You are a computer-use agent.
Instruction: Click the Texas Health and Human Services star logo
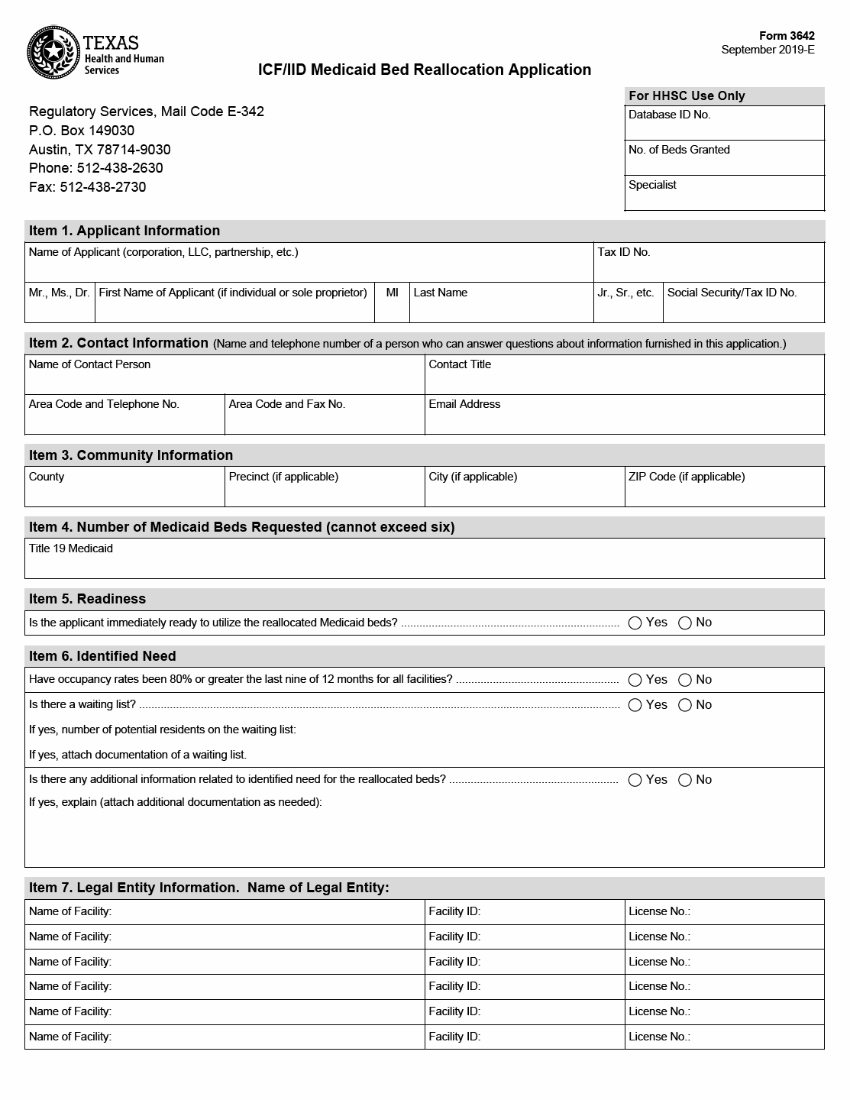click(x=53, y=53)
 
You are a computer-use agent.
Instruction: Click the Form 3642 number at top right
click(x=787, y=36)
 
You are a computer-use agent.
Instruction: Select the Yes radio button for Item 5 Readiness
click(x=635, y=623)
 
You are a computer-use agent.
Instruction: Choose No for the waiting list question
click(x=685, y=706)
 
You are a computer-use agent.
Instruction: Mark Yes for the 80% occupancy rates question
click(x=635, y=681)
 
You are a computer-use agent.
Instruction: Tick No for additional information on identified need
click(x=685, y=781)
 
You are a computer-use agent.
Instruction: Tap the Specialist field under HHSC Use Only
click(x=724, y=198)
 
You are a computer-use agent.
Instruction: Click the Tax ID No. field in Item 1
click(x=708, y=267)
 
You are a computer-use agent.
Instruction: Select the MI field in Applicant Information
click(x=392, y=309)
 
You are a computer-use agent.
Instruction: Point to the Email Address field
click(x=624, y=420)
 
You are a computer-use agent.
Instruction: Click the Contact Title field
click(x=624, y=380)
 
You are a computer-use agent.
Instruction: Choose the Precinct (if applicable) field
click(x=325, y=493)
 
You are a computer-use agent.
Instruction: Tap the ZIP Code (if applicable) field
click(x=724, y=493)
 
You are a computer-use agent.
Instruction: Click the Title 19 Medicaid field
click(x=424, y=565)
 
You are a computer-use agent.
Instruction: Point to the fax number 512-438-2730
click(x=102, y=187)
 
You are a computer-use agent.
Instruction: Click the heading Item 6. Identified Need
click(x=102, y=656)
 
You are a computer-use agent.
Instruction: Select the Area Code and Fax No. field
click(x=325, y=420)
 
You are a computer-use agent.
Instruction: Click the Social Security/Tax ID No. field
click(x=743, y=309)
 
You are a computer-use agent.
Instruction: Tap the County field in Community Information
click(x=124, y=493)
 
